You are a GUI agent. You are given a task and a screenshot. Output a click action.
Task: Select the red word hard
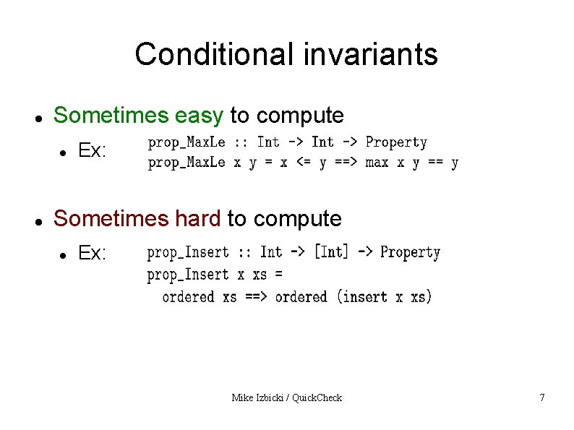(199, 218)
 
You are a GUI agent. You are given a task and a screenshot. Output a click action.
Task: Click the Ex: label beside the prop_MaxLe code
(93, 151)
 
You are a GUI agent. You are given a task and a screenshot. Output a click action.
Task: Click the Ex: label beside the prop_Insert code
(93, 254)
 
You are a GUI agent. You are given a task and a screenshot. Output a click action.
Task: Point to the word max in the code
(377, 163)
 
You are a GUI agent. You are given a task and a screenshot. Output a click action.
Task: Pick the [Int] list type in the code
(331, 251)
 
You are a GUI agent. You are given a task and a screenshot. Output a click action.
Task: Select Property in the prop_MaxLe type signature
(396, 142)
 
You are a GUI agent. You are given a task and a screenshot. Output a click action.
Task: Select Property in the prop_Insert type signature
(410, 251)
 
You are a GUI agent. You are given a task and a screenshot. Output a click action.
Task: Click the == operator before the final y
(434, 163)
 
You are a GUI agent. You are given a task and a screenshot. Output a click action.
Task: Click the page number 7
(541, 397)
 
